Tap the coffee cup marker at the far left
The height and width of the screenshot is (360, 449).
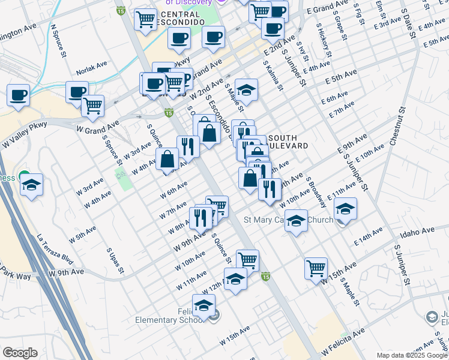[18, 95]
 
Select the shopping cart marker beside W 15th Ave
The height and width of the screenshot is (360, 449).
[316, 268]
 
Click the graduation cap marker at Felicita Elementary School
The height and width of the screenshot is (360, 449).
[204, 305]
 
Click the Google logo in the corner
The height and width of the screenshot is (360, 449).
[19, 353]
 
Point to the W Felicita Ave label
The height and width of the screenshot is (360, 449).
[343, 340]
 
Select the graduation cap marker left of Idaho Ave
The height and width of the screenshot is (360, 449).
[345, 209]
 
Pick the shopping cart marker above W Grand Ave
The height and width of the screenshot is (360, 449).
[92, 106]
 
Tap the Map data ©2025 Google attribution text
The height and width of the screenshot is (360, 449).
[411, 355]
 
